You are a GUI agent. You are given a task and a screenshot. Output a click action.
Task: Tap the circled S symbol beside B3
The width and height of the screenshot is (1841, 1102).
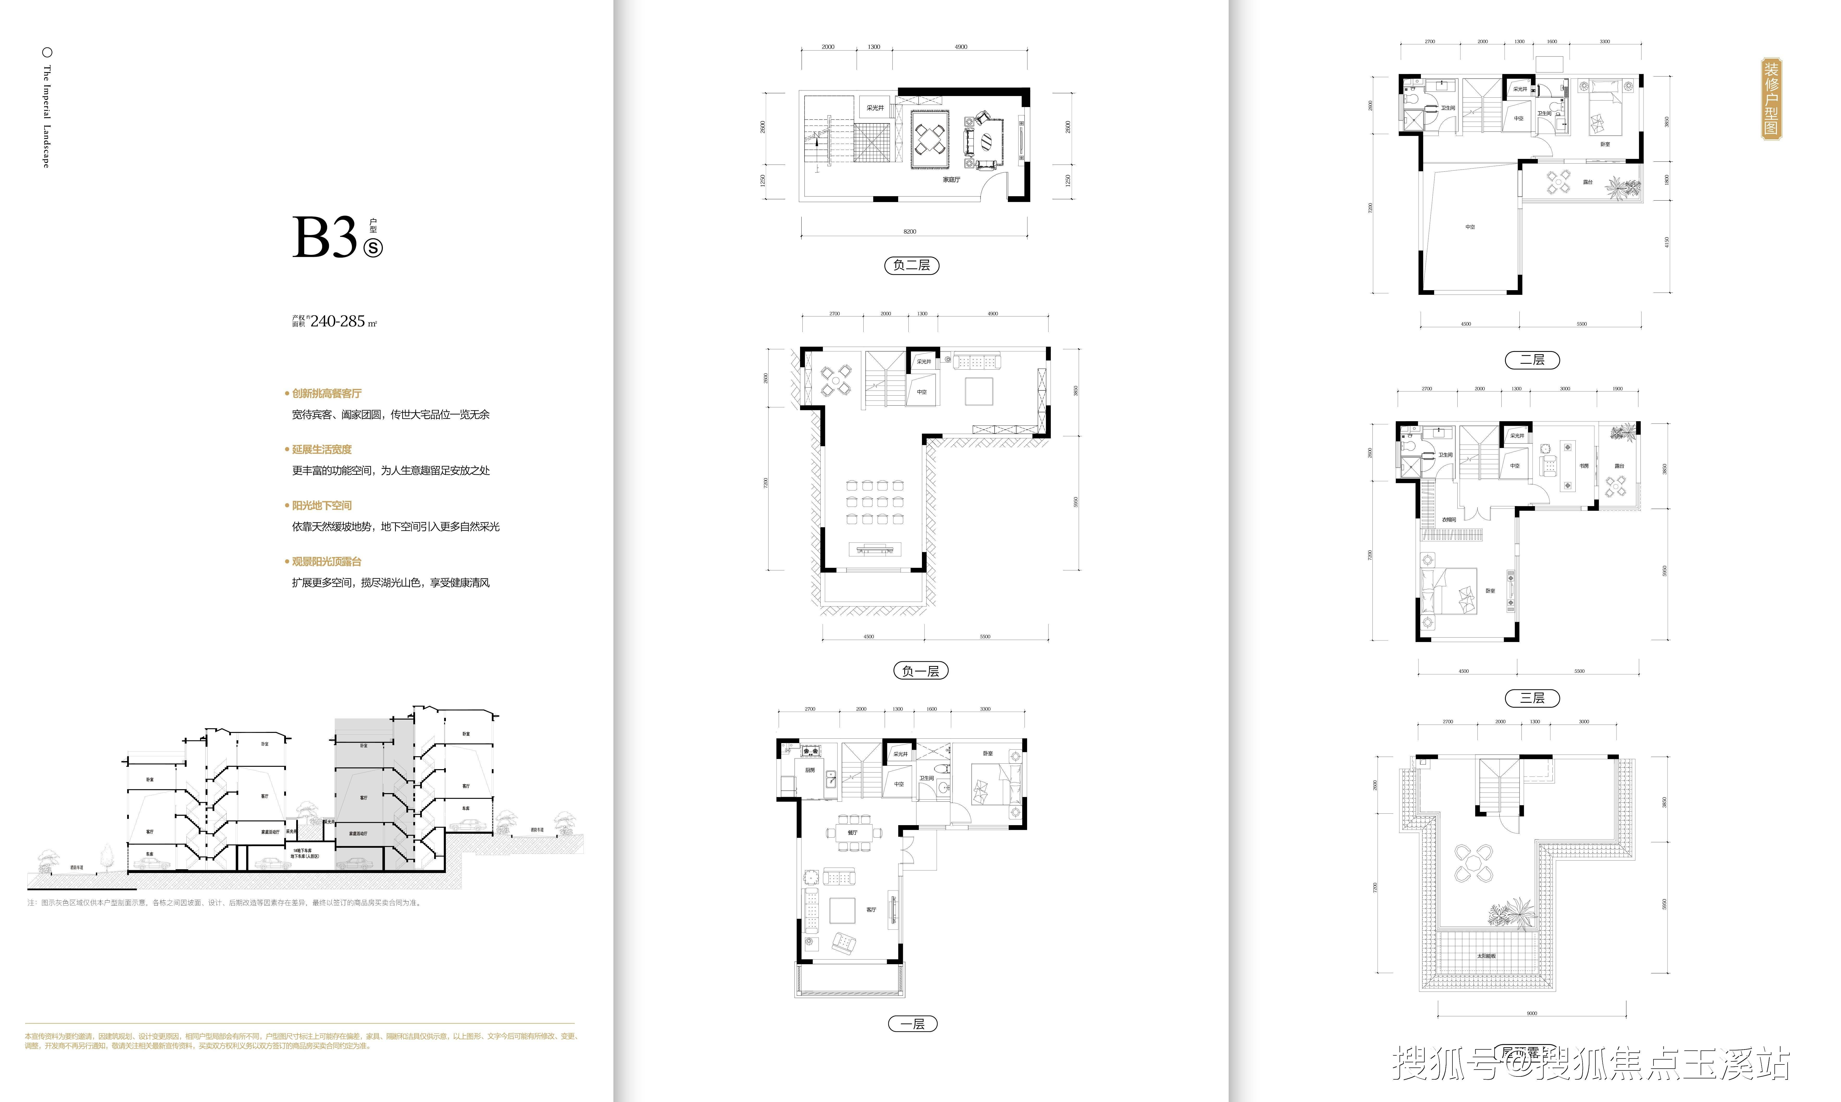pos(373,247)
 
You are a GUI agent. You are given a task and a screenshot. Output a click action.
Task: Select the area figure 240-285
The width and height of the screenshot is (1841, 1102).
pos(338,322)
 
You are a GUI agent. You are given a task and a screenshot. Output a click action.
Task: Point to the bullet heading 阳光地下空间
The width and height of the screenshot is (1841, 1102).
pos(321,506)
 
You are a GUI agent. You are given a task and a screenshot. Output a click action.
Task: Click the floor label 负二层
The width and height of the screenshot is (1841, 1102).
pos(912,265)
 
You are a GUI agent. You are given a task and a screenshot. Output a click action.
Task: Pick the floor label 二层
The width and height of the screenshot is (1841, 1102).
pos(1532,360)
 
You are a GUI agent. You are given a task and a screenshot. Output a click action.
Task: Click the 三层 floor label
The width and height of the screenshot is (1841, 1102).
pos(1532,698)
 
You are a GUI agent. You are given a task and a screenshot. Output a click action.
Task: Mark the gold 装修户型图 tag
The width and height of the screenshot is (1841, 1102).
pos(1772,99)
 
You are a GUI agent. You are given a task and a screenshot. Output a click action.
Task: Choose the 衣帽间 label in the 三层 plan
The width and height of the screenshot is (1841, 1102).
pos(1448,520)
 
